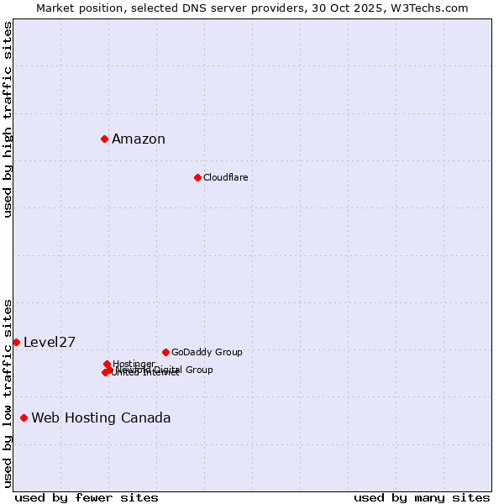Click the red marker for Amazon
[x=104, y=139]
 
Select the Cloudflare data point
[x=197, y=177]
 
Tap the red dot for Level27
[x=16, y=342]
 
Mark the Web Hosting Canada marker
[x=24, y=417]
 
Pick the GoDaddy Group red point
[x=165, y=352]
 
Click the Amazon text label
[x=139, y=139]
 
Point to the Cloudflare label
[x=225, y=177]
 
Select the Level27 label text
[x=50, y=342]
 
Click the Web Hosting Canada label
[x=101, y=418]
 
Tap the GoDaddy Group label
[x=207, y=352]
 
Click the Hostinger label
[x=134, y=364]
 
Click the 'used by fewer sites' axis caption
[x=87, y=497]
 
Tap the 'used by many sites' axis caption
[x=422, y=497]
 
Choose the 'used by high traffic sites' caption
[x=8, y=119]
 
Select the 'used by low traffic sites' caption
[x=8, y=392]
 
